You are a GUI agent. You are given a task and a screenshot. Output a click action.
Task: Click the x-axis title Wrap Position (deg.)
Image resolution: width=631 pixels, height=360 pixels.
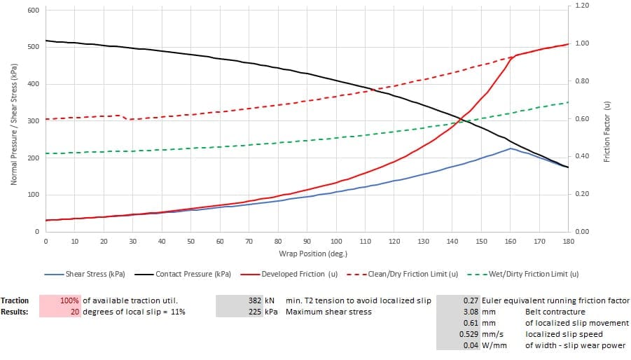(307, 253)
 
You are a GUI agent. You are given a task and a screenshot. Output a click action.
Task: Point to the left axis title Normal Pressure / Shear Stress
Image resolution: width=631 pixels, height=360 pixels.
(13, 124)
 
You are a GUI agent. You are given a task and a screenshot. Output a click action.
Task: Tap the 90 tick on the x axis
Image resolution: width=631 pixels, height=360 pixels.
(307, 242)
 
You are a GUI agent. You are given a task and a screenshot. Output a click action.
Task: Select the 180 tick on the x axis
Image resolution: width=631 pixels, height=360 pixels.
(568, 242)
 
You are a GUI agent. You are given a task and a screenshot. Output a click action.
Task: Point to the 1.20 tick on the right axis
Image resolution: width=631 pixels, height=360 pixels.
(582, 6)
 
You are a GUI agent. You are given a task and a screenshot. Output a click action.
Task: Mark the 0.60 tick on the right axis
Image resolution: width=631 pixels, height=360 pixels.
(582, 119)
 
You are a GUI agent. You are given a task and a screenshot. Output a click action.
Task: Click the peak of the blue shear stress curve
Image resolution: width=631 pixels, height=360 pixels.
(511, 148)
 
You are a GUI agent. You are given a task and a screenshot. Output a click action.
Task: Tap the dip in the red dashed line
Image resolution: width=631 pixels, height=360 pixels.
(129, 120)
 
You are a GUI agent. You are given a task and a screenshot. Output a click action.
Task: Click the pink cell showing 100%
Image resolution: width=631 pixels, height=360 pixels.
(70, 300)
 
